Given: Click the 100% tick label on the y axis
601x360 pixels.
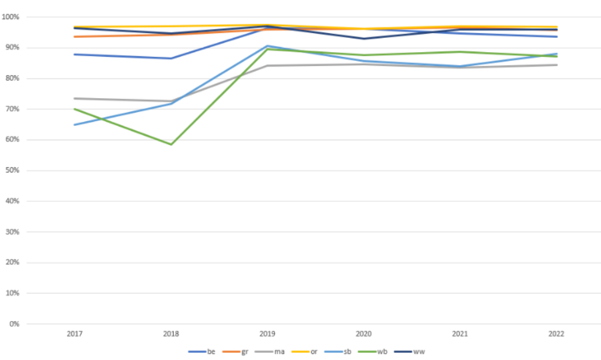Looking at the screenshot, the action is point(10,17).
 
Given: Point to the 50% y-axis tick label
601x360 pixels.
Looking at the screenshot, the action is point(12,170).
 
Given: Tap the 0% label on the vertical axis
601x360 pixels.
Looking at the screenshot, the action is point(14,324).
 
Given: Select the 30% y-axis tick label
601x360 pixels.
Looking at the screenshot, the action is point(12,232).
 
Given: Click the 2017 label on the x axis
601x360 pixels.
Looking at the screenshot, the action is point(74,334).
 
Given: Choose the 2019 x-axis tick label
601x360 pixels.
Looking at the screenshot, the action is point(267,334).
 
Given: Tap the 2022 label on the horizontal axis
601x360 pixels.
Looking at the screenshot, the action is point(556,334).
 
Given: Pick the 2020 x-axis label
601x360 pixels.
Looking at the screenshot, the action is point(364,334).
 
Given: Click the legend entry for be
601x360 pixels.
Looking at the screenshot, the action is point(202,351).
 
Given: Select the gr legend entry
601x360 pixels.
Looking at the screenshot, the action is point(235,351).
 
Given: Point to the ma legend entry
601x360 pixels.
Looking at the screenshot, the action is point(270,351).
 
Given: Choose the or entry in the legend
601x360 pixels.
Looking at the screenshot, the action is point(305,351).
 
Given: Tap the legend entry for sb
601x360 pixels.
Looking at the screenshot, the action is point(337,351).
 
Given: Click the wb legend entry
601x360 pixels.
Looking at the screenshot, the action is point(372,351).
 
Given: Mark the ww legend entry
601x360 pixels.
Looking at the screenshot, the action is point(409,351).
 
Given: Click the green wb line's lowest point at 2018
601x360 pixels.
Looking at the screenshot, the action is point(171,145).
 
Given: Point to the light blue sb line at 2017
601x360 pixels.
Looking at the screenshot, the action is point(74,124).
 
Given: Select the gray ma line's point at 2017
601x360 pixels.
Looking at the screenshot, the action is point(74,99).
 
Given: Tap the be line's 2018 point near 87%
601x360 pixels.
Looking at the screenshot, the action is point(171,58).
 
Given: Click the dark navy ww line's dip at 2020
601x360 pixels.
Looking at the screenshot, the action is point(364,39).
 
